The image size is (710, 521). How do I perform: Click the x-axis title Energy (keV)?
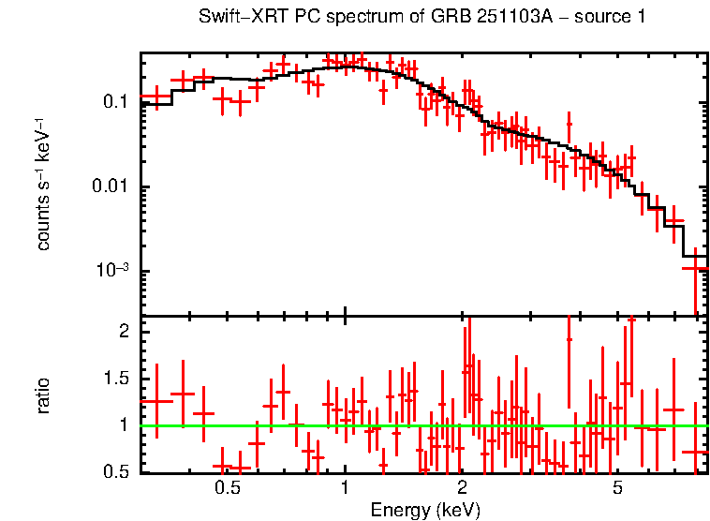click(x=425, y=510)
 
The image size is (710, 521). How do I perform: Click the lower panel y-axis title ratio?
click(x=43, y=394)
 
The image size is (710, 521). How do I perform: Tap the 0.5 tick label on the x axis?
click(x=228, y=488)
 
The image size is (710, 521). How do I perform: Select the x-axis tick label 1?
click(x=345, y=488)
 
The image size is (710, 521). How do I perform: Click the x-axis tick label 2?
click(x=462, y=488)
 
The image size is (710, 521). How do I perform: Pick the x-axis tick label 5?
click(x=617, y=488)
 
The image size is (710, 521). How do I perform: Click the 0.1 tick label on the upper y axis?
click(x=116, y=102)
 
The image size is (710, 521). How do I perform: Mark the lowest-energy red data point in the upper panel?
click(x=156, y=97)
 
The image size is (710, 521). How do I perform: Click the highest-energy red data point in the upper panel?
click(x=694, y=269)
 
